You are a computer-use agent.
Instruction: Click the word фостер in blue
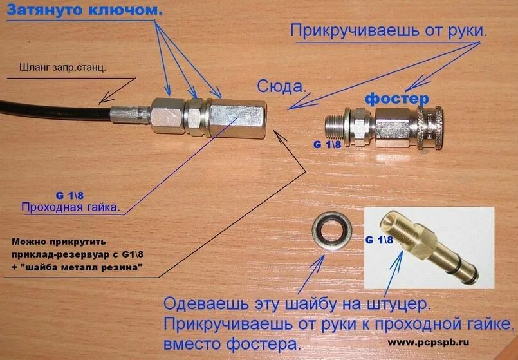point(396,99)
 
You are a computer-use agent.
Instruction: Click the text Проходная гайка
point(71,207)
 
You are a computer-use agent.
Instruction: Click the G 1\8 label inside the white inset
point(379,239)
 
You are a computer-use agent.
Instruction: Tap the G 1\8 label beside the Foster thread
point(327,145)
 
